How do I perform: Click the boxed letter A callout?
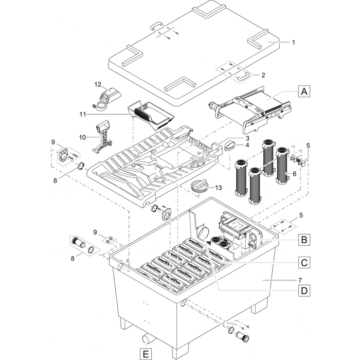304,92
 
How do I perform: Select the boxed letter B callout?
304,239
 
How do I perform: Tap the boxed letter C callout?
304,263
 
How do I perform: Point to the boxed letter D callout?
304,291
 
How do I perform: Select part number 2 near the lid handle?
263,75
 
